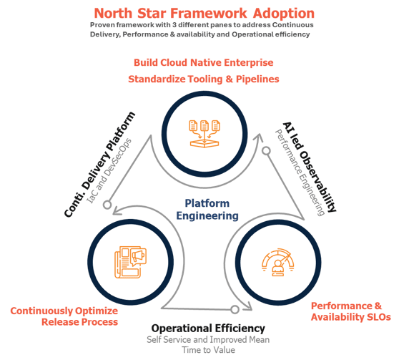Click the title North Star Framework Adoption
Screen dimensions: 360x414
(204, 14)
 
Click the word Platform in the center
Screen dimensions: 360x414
(206, 203)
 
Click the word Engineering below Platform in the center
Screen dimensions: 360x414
(206, 215)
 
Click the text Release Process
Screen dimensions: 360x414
(79, 323)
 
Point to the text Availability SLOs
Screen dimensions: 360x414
(350, 317)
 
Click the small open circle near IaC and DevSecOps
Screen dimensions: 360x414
(107, 205)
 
